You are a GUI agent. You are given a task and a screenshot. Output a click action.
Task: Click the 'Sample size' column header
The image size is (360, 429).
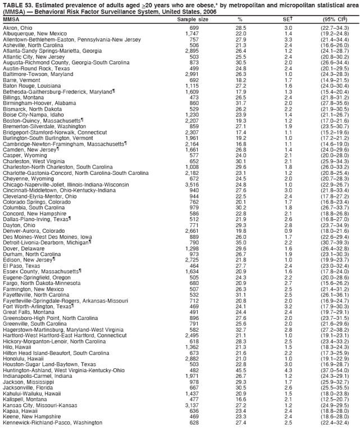(193, 19)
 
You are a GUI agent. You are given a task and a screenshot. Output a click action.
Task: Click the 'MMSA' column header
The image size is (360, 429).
(11, 19)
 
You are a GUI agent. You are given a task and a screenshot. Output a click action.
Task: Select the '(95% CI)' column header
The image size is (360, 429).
(336, 19)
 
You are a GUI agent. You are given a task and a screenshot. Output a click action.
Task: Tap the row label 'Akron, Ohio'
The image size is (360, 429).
(17, 28)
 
